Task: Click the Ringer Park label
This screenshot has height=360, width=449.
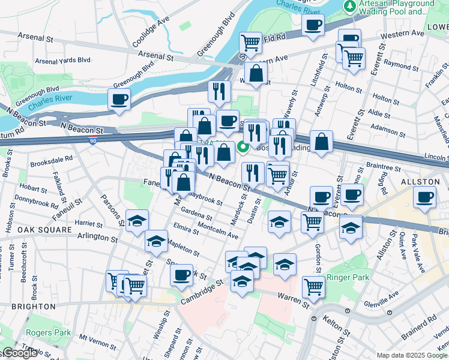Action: tap(345, 278)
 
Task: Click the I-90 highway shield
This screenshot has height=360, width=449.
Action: tap(92, 140)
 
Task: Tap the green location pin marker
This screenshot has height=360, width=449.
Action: tap(244, 146)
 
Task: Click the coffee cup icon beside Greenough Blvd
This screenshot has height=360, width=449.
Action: tap(119, 99)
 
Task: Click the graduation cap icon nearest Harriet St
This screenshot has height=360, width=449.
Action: tap(137, 220)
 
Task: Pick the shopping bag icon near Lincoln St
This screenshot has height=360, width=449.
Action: tap(322, 142)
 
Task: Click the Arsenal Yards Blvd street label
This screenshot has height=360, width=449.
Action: tap(62, 61)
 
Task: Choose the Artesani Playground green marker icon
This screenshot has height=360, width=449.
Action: tap(349, 6)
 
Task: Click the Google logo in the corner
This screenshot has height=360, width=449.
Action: tap(20, 353)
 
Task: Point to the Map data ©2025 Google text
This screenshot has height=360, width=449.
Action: tap(412, 355)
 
